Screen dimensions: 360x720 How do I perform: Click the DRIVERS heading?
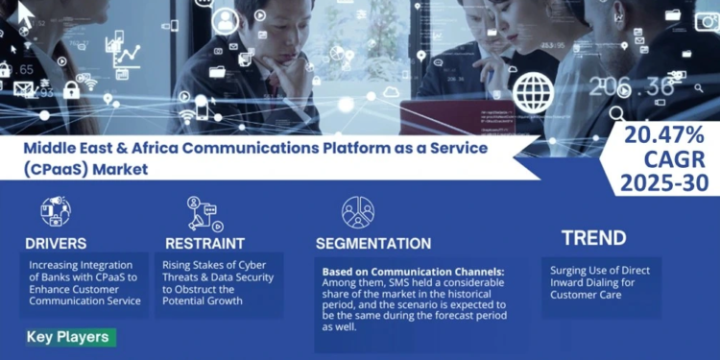(x=57, y=243)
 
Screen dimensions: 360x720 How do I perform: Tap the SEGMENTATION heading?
(x=373, y=243)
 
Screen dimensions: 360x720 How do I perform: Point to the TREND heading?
(x=593, y=238)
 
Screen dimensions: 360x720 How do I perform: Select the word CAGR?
(x=663, y=159)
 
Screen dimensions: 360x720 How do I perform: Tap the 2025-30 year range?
(x=663, y=182)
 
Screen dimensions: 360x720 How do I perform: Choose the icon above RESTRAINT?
(x=203, y=214)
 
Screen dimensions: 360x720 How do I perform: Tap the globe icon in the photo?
(x=532, y=93)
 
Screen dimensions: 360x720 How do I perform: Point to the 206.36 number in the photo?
(x=631, y=87)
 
